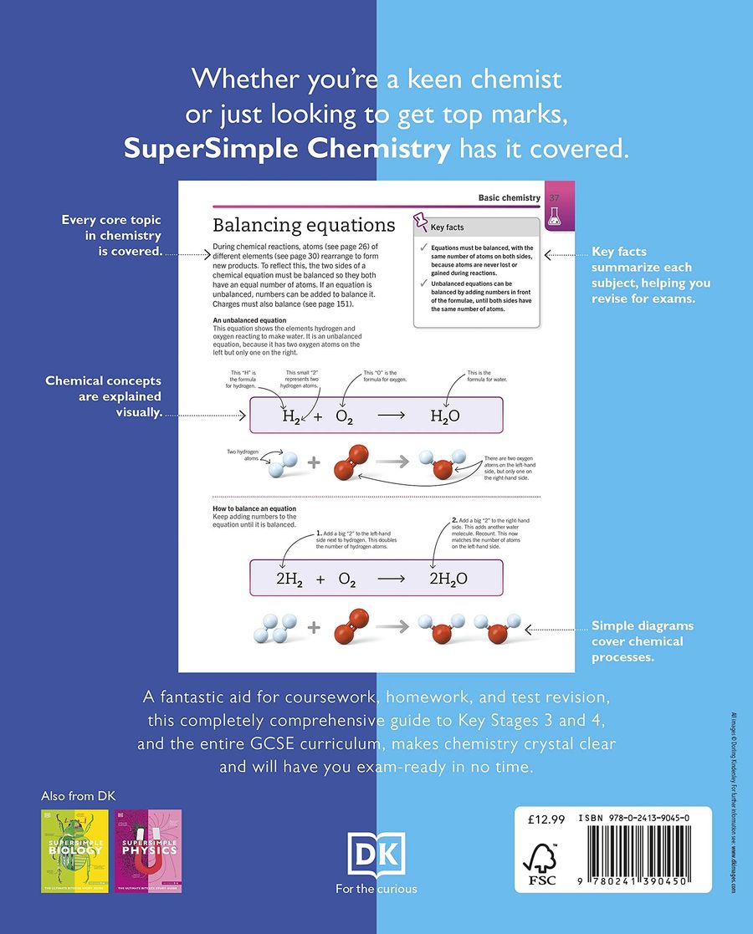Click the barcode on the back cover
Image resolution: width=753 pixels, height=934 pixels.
coord(642,862)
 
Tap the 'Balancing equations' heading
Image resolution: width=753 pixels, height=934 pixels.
coord(304,225)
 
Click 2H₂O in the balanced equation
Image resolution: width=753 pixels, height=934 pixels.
coord(448,579)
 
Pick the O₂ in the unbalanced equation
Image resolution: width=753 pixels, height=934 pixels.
coord(345,416)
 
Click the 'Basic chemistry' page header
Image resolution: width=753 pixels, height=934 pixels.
coord(509,197)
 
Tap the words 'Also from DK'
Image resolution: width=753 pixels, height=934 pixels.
coord(76,795)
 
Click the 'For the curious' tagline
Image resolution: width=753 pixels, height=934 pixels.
coord(376,889)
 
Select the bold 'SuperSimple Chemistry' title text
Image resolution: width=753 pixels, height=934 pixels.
coord(287,149)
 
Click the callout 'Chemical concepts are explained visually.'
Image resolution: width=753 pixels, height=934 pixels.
coord(104,396)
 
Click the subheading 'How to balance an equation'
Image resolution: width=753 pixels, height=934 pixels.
coord(254,508)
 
